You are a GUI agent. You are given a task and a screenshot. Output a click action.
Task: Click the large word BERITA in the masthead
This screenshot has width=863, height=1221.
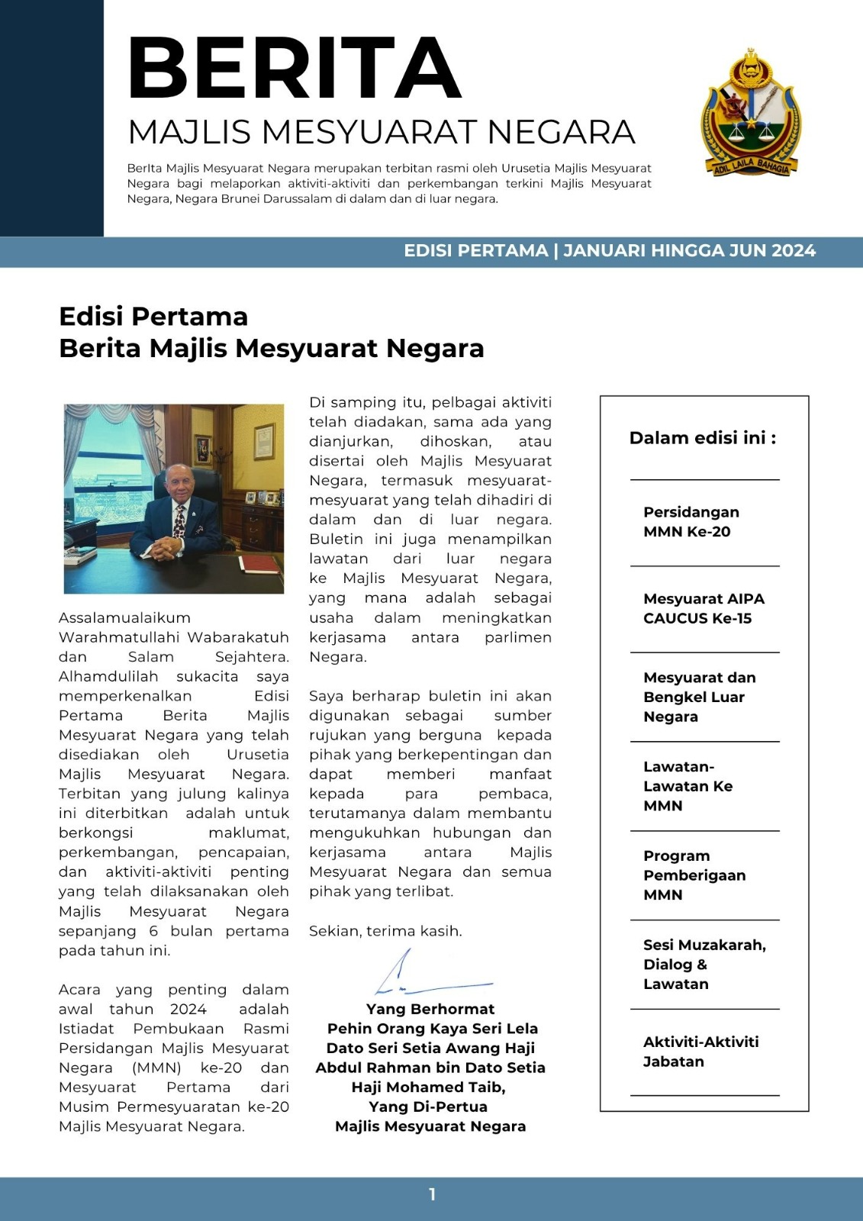coord(295,69)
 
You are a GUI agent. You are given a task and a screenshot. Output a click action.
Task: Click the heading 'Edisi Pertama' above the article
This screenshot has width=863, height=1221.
coord(153,317)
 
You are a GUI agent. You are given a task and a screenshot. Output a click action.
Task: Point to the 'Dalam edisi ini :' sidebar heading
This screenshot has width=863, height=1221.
coord(703,438)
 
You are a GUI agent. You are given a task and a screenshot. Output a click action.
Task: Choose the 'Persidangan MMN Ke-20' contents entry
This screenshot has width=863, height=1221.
coord(691,522)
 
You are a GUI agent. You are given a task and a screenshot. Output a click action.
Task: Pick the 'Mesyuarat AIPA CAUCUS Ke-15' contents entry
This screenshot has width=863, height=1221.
coord(703,609)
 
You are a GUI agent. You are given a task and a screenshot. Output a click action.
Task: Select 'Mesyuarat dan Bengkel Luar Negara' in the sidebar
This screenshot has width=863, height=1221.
coord(699,697)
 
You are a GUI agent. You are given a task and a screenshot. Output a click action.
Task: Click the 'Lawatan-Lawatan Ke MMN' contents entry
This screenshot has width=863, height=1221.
coord(688,786)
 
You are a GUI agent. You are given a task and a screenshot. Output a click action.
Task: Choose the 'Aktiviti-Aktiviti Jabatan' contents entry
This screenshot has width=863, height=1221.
coord(700,1052)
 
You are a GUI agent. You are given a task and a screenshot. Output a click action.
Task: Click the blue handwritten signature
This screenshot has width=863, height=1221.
coord(427,977)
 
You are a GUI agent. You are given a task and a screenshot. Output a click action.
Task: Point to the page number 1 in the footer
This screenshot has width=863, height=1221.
coord(432,1195)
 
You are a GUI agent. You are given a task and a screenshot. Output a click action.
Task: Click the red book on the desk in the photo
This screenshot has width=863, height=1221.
coord(260,565)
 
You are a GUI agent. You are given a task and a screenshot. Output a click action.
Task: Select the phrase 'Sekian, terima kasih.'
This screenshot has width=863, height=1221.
coord(385,931)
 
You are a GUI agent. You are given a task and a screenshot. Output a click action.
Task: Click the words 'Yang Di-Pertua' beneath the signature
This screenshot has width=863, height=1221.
coord(428,1107)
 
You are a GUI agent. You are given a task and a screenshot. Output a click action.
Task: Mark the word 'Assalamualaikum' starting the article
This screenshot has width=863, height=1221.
coord(124,618)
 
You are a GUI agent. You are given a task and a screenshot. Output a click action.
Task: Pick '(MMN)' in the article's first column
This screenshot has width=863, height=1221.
coord(156,1068)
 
